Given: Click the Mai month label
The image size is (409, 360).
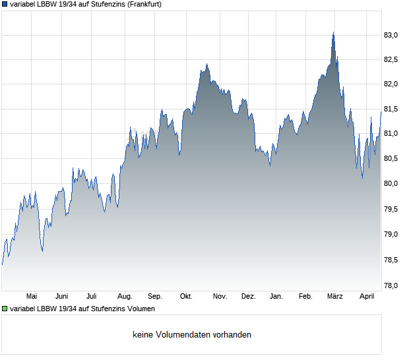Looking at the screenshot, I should (32, 297).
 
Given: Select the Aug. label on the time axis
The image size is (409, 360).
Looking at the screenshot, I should (125, 297).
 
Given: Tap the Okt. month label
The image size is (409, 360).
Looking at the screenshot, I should (186, 297).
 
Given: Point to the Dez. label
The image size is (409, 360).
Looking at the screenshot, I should (248, 297).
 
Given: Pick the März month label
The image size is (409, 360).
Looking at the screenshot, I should (335, 297).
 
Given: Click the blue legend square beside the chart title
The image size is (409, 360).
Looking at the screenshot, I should (5, 4).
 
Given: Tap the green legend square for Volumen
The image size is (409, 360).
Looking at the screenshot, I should (5, 309).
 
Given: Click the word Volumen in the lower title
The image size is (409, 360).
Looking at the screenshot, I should (140, 309).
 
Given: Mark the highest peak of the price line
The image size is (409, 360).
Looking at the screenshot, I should (333, 32).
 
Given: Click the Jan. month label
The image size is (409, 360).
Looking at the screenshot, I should (277, 297).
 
